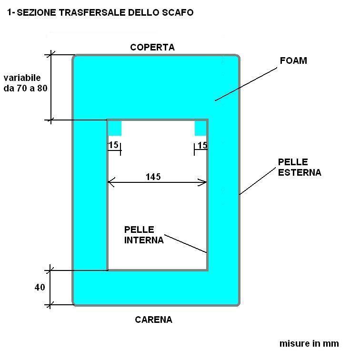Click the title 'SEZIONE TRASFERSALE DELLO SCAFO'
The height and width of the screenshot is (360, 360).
(x=100, y=13)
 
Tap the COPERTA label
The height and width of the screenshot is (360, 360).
(x=152, y=47)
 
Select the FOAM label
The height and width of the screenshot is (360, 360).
(x=294, y=61)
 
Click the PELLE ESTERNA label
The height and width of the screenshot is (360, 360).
(x=300, y=167)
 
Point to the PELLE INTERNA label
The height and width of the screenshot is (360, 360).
(x=144, y=235)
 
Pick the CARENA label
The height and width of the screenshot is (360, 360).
(x=153, y=320)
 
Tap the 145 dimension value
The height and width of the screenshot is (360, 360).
(x=153, y=177)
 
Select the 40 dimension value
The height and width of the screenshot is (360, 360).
(x=40, y=287)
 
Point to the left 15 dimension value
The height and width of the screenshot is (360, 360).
(x=113, y=145)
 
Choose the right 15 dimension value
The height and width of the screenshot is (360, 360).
(x=202, y=145)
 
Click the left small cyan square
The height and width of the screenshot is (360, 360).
(x=115, y=128)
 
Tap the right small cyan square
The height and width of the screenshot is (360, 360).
(x=200, y=128)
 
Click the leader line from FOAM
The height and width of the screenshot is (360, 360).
(x=245, y=84)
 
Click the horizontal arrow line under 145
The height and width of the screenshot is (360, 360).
(x=157, y=182)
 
